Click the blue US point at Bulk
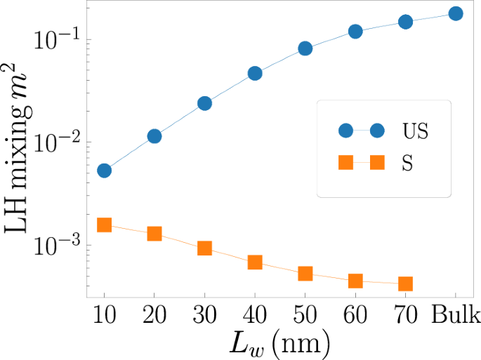455,13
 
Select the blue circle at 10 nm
104,171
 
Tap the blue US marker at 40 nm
255,74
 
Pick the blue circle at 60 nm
355,32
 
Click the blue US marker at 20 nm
154,136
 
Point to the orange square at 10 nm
104,225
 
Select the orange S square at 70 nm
405,284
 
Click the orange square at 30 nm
204,248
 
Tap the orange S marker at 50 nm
305,274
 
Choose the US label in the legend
415,131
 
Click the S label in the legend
407,163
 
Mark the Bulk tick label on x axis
455,313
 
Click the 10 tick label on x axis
104,313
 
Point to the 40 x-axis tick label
255,313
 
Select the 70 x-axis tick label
405,313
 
